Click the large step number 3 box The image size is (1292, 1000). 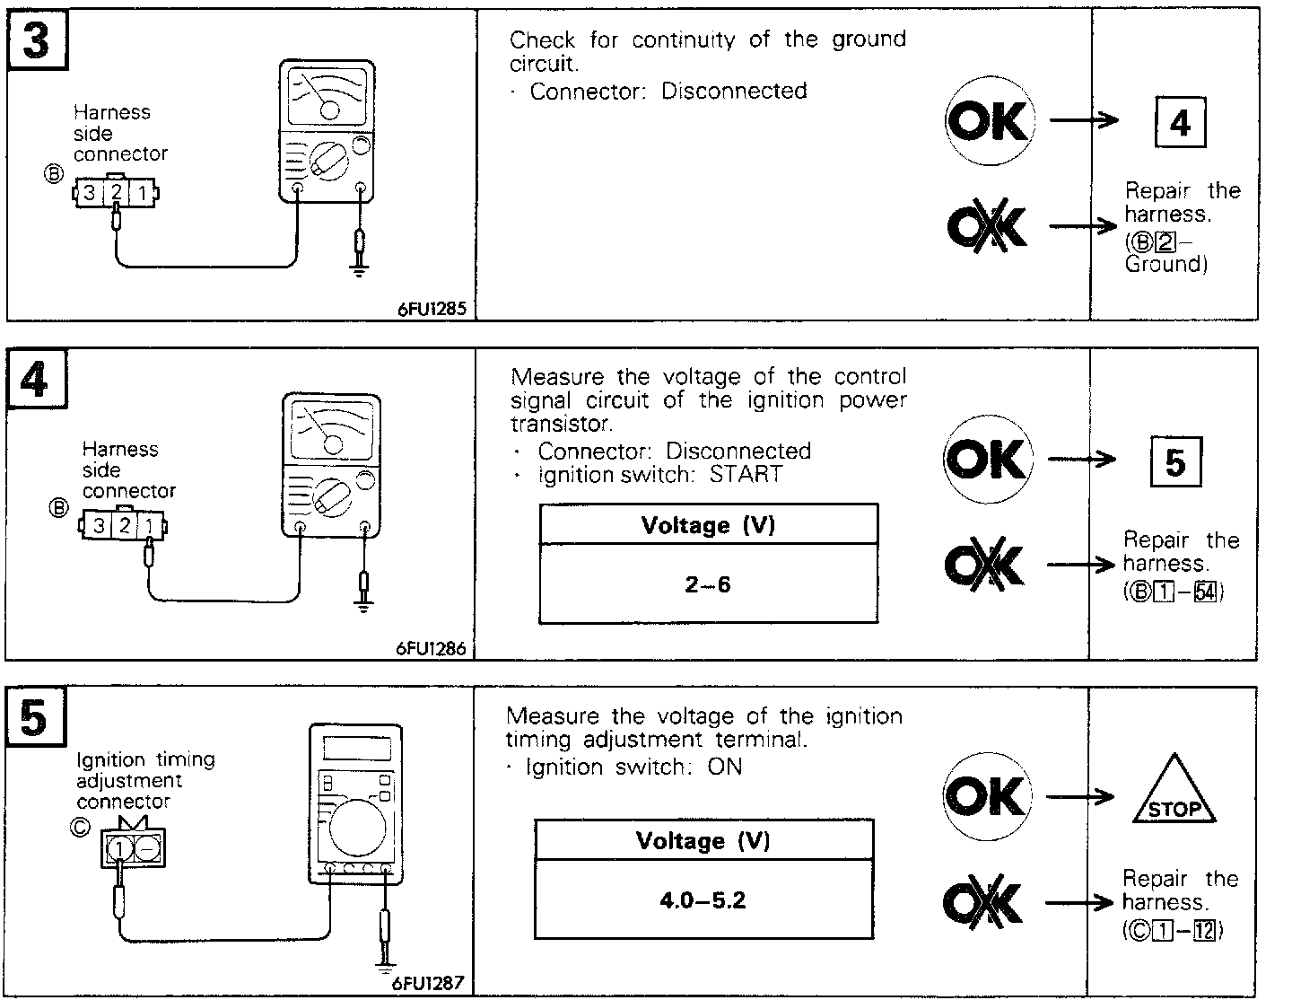tap(37, 41)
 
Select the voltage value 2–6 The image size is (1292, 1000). tap(708, 585)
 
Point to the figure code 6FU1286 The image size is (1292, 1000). tap(432, 648)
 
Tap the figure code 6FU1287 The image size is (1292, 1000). tap(428, 983)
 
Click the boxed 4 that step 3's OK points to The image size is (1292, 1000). tap(1179, 123)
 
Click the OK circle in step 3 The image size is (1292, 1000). tap(989, 121)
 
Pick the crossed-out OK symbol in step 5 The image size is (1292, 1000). tap(983, 902)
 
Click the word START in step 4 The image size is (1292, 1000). tap(746, 474)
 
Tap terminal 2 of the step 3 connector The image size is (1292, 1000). tap(117, 192)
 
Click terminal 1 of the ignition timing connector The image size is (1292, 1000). tap(120, 846)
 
